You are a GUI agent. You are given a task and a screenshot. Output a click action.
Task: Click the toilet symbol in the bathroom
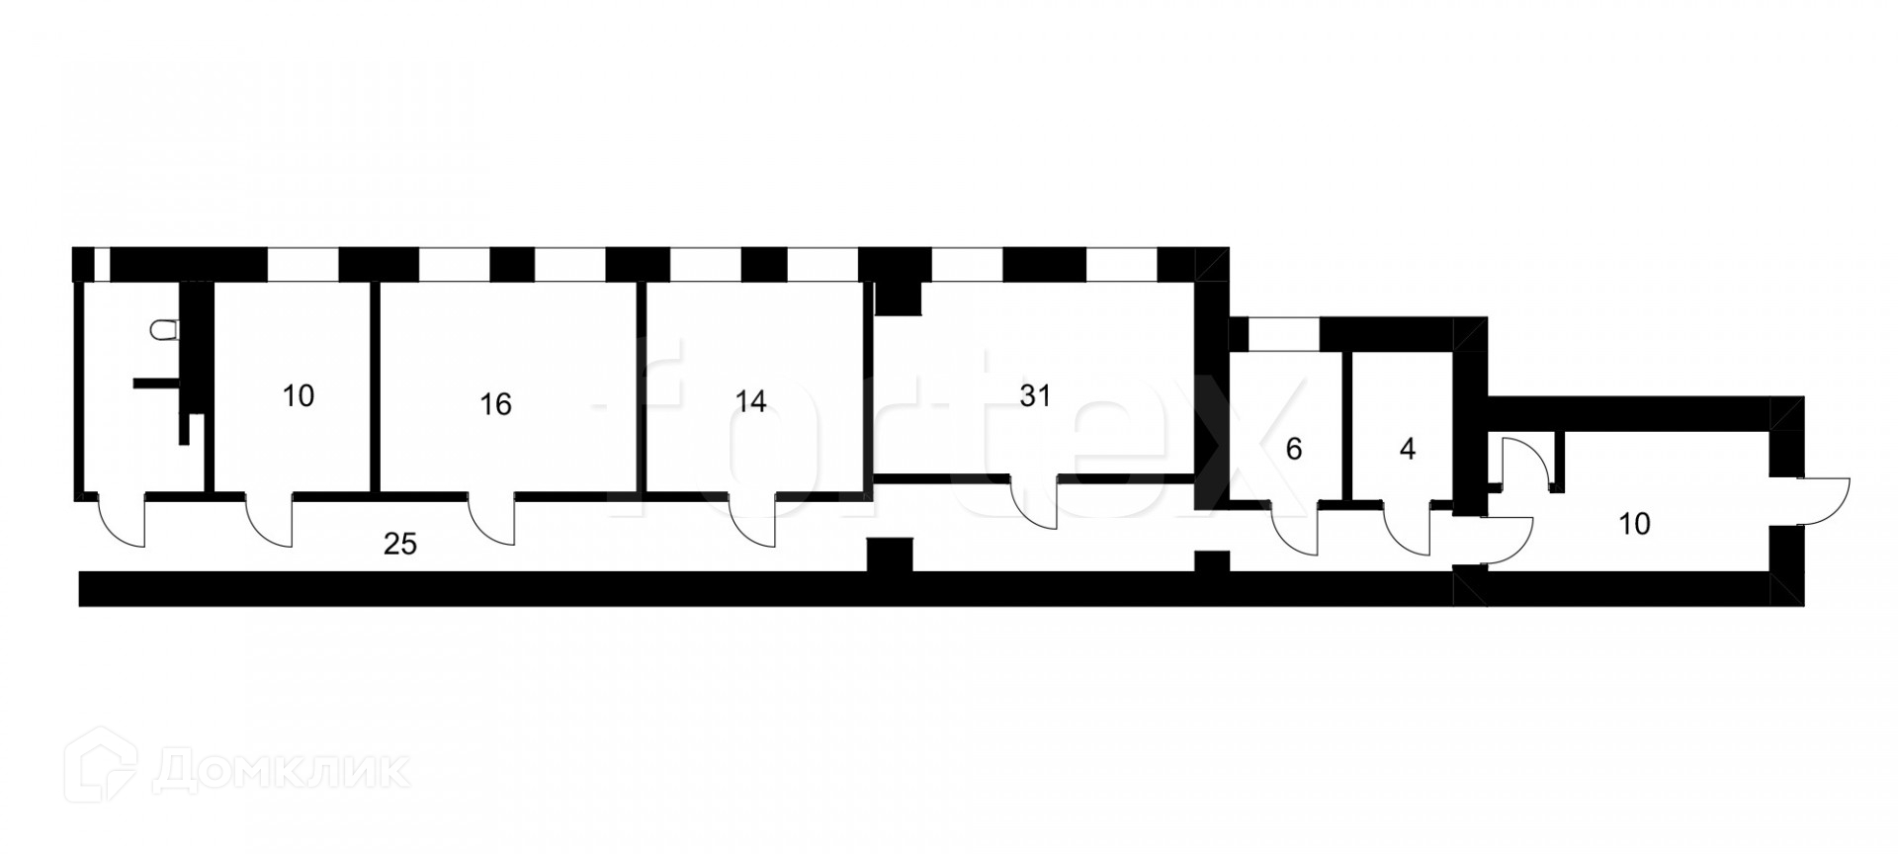[165, 330]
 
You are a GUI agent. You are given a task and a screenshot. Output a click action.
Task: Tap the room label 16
[495, 404]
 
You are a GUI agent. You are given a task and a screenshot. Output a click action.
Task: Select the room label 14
[751, 401]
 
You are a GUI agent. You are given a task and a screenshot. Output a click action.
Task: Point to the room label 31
[1034, 396]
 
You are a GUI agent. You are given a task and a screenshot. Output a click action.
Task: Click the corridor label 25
[400, 544]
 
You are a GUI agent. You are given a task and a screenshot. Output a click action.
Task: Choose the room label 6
[1294, 450]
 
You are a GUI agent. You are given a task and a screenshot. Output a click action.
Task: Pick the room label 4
[1408, 450]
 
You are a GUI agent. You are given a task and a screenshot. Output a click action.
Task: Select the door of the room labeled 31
[1034, 504]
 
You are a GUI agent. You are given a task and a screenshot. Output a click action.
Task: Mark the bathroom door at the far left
[122, 520]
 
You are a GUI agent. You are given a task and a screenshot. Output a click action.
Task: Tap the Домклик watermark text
[281, 771]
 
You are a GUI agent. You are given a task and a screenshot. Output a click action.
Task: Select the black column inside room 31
[899, 296]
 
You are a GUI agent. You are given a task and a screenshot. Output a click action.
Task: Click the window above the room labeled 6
[1285, 333]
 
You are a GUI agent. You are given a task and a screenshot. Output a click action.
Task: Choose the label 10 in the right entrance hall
[1635, 524]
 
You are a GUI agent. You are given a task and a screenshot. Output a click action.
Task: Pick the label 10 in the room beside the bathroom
[298, 396]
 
